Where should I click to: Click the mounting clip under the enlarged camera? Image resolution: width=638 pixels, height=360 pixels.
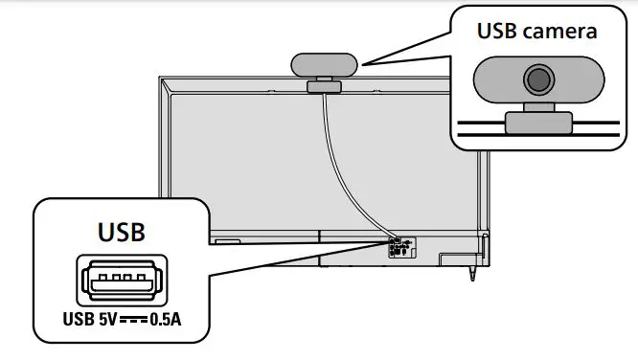click(x=539, y=122)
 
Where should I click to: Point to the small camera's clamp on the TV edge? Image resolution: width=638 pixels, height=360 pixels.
click(x=323, y=87)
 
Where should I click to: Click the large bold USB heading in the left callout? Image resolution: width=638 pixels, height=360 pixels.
click(x=121, y=232)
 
